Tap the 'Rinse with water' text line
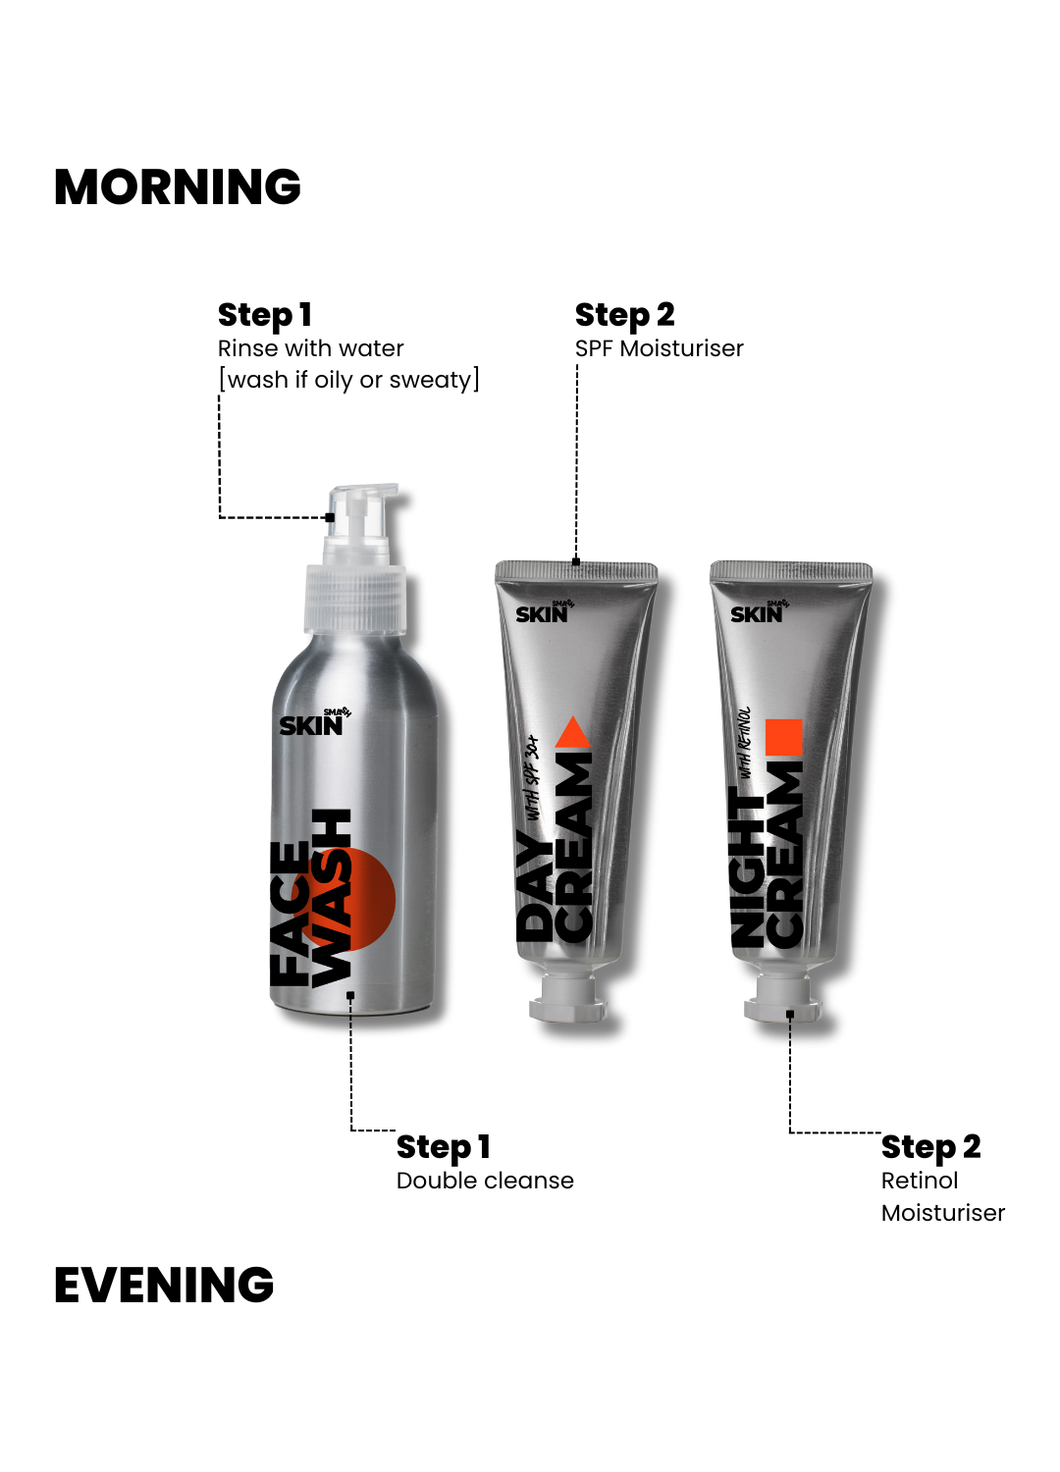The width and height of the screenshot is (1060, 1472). click(310, 348)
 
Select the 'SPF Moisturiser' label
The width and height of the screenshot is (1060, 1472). click(659, 348)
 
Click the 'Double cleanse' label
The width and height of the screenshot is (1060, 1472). click(485, 1181)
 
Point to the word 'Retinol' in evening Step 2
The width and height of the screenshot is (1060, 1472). click(920, 1181)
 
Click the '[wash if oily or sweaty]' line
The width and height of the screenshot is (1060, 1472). click(348, 380)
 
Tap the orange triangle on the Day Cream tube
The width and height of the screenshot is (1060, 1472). click(574, 732)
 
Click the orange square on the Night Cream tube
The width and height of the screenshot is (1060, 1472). click(784, 737)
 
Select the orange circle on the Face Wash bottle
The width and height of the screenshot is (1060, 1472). click(349, 899)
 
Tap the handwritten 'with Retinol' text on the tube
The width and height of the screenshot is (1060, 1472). click(745, 743)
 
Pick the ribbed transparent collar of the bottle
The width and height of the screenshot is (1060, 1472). click(355, 598)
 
